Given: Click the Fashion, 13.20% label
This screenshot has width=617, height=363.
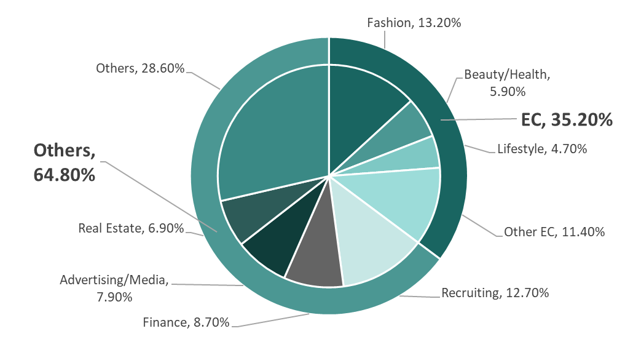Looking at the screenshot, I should (414, 23).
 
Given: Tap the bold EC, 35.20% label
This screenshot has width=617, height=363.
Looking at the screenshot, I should (566, 119).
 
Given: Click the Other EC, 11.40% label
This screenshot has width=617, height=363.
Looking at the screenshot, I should (554, 232).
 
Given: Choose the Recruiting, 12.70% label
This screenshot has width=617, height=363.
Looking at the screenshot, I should (495, 292).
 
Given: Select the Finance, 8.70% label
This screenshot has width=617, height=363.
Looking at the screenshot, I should (186, 321).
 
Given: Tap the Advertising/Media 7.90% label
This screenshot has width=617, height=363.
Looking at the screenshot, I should (114, 288).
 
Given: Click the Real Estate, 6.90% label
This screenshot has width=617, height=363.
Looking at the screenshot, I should (131, 228).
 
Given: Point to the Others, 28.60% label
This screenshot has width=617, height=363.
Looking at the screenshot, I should (140, 68).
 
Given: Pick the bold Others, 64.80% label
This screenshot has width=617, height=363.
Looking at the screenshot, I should (65, 162).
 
